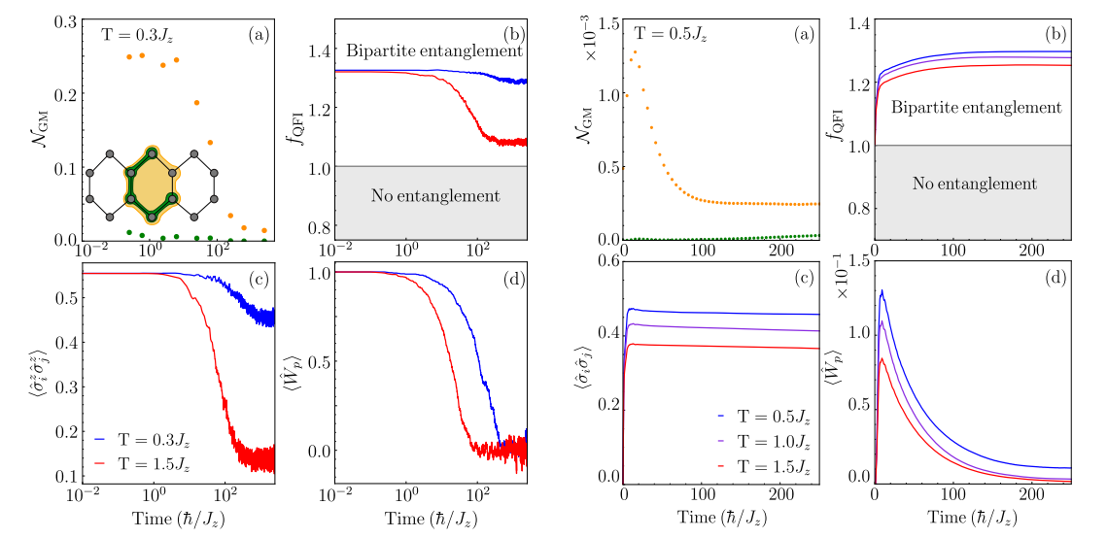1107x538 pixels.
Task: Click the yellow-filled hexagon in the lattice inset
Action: point(151,182)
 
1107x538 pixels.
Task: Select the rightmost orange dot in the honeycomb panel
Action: point(263,230)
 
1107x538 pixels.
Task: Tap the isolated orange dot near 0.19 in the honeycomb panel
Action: point(196,102)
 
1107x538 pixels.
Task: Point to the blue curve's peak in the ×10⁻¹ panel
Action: point(882,290)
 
